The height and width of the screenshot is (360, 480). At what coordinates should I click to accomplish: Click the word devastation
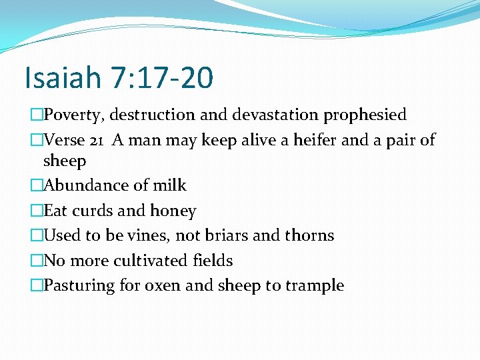275,115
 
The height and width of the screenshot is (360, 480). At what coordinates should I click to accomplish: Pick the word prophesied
365,115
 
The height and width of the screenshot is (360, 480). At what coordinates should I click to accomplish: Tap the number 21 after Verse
98,140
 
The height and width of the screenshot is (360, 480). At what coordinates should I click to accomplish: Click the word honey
173,211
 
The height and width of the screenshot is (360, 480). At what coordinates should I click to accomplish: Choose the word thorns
310,235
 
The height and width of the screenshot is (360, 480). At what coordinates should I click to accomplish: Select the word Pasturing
80,286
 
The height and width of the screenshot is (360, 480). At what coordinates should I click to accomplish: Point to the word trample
315,286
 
